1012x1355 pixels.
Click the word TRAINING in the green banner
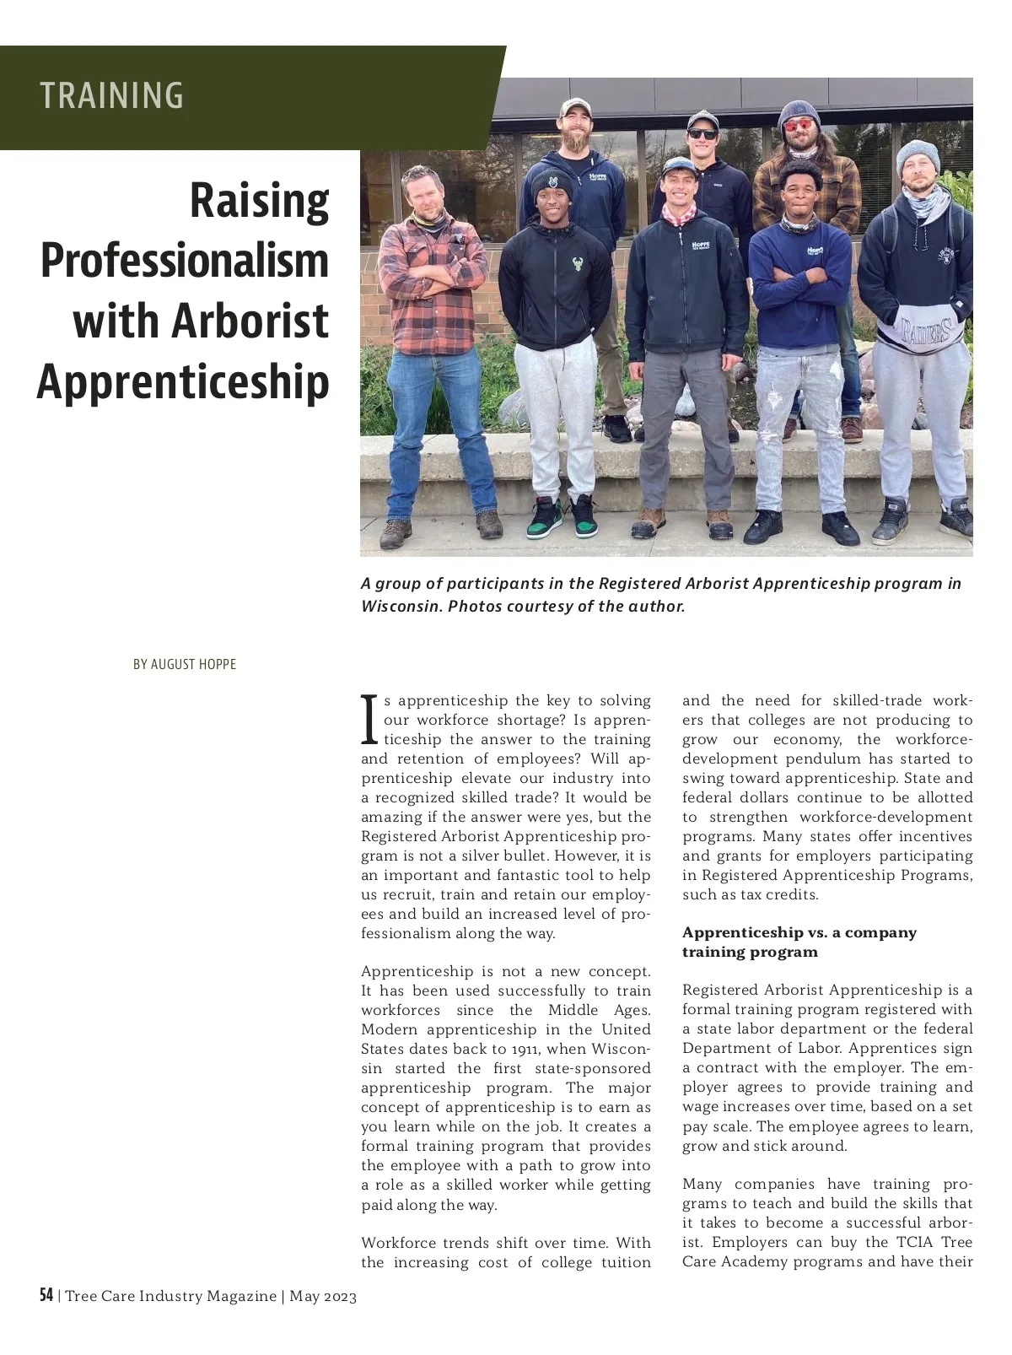tap(111, 95)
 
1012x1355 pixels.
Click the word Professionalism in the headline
tap(185, 260)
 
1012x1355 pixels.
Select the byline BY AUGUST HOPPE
tap(185, 665)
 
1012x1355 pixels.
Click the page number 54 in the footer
tap(46, 1295)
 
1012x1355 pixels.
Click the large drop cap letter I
tap(369, 720)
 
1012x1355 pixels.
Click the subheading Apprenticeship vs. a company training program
tap(799, 942)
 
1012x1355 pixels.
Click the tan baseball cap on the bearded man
tap(577, 107)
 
